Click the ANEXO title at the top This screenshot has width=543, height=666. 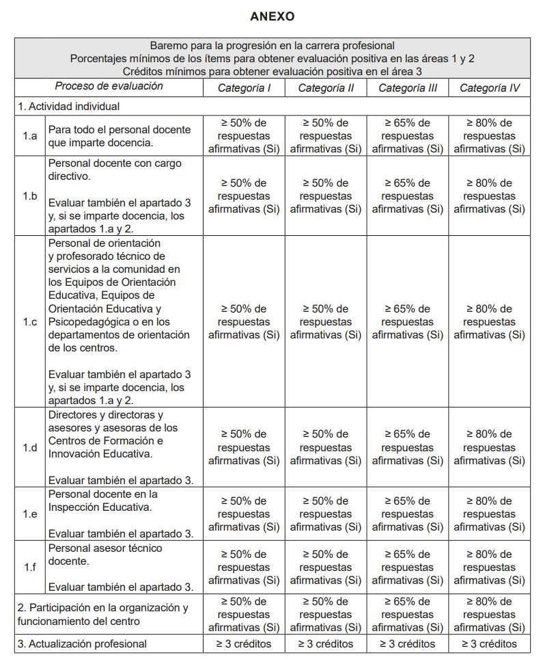(x=272, y=16)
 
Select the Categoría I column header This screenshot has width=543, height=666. (x=244, y=88)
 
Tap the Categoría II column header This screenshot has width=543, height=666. (x=325, y=88)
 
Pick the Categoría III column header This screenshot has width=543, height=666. (x=407, y=88)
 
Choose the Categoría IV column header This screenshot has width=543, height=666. (x=489, y=88)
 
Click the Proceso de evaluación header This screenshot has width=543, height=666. (x=109, y=86)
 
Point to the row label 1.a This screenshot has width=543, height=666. (x=29, y=136)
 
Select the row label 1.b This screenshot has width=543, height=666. (x=29, y=196)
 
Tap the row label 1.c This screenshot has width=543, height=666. (x=29, y=321)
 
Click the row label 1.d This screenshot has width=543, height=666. (x=29, y=447)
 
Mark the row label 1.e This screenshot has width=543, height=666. (x=29, y=514)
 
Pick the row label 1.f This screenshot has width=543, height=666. (x=29, y=567)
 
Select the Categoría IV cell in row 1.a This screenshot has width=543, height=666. (x=489, y=136)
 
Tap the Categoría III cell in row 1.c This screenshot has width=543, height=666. (x=407, y=321)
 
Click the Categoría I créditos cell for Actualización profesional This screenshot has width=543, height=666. (x=244, y=643)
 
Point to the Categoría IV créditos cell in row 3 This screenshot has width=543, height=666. (x=489, y=643)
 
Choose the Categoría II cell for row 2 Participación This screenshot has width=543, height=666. (x=325, y=614)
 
